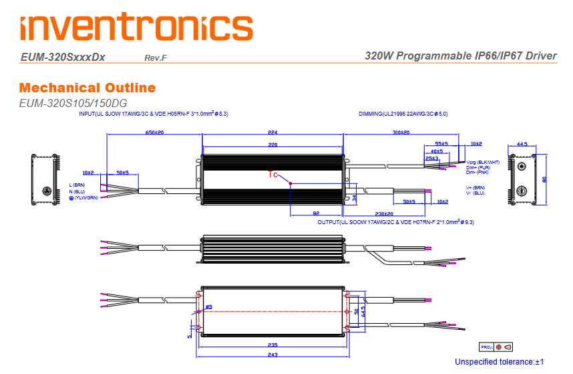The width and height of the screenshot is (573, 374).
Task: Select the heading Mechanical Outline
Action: tap(87, 88)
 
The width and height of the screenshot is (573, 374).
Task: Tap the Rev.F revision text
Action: tap(155, 58)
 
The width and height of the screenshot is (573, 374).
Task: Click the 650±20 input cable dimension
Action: tap(155, 132)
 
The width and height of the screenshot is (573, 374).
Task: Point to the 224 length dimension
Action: tap(272, 132)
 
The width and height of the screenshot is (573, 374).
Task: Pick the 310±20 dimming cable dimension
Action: tap(401, 132)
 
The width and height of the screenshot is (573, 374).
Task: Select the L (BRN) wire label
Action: tap(78, 185)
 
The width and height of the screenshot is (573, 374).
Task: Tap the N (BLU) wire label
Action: tap(77, 191)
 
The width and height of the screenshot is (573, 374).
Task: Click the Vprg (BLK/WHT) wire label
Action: tap(483, 163)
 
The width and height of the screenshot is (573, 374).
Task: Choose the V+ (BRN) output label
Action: tap(475, 187)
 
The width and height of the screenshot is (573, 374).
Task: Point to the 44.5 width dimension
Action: tap(522, 144)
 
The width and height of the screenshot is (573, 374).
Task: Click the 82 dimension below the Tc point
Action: tap(315, 213)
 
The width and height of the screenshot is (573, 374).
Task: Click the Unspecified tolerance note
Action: tap(500, 362)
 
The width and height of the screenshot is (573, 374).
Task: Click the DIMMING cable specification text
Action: tap(403, 114)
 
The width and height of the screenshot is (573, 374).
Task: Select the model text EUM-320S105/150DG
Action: tap(73, 103)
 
